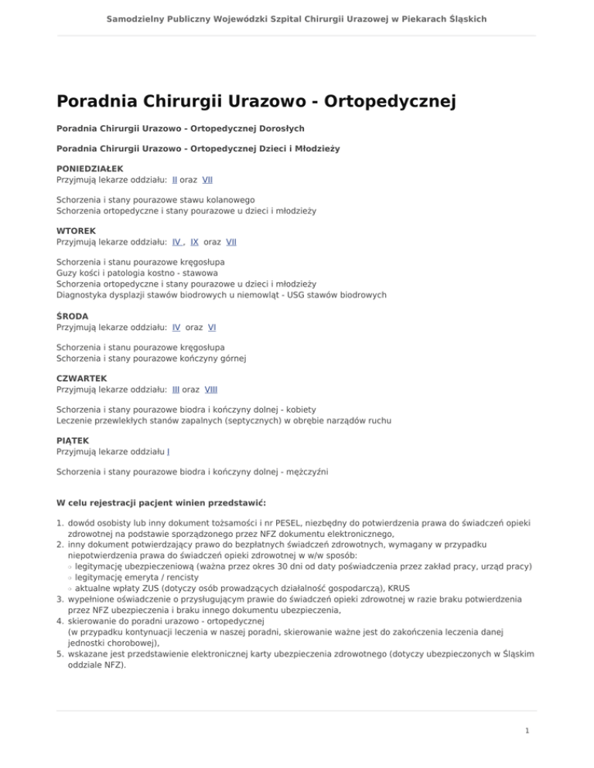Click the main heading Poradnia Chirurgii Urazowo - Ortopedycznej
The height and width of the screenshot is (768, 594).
coord(255,101)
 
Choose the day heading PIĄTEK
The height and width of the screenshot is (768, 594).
coord(73,440)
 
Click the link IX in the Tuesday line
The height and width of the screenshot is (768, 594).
coord(194,243)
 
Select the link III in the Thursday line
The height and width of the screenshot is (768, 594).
coord(176,390)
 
